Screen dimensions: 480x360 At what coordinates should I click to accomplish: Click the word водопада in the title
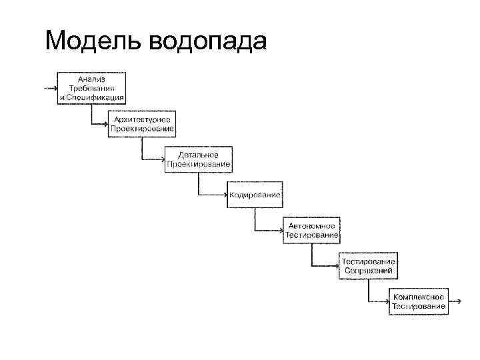(x=208, y=43)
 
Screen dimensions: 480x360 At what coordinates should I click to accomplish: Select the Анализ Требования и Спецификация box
(x=91, y=88)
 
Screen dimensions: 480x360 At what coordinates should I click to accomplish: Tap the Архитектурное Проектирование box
(x=142, y=123)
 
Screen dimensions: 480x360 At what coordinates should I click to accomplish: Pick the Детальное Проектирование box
(x=198, y=159)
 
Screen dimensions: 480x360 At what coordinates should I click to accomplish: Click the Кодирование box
(x=255, y=195)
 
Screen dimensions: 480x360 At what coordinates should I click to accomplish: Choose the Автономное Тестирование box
(x=312, y=231)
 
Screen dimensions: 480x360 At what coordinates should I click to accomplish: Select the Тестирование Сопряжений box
(x=369, y=266)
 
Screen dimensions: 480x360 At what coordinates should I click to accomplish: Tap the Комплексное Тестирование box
(x=419, y=301)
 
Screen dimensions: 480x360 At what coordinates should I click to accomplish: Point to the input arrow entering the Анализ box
(x=49, y=87)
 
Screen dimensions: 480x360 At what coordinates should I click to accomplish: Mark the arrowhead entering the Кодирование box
(x=224, y=195)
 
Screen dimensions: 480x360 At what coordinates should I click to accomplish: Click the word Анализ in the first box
(x=91, y=79)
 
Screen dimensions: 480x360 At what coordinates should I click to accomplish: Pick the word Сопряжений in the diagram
(x=369, y=271)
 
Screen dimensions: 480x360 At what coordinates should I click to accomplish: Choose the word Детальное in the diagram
(x=198, y=155)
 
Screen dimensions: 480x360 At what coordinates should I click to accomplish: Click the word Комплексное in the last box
(x=419, y=297)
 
